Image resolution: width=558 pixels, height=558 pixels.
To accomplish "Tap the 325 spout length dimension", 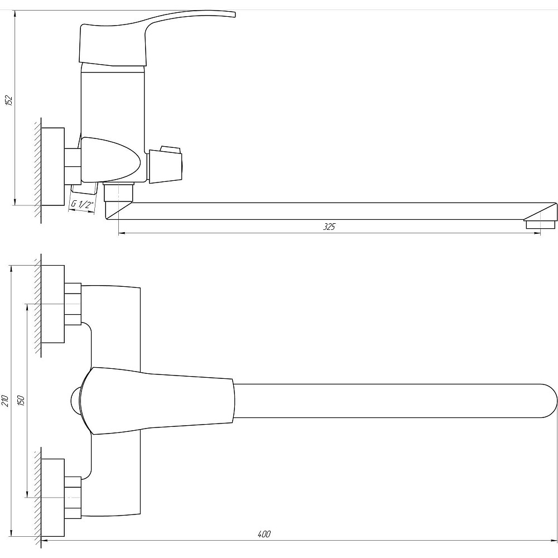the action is point(329,227).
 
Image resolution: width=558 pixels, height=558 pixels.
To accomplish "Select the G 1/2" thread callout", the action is point(83,205).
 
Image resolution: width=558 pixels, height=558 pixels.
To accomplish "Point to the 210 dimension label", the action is point(4,401).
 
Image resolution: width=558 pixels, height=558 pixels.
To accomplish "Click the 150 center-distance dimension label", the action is point(21,401).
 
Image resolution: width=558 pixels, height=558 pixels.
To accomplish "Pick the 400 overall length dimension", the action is point(264,534).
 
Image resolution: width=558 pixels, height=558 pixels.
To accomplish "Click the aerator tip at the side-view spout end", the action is point(540,224).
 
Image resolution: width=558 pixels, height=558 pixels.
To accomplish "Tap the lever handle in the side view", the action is point(157,39).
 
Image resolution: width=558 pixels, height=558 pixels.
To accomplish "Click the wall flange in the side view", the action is point(52,166).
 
